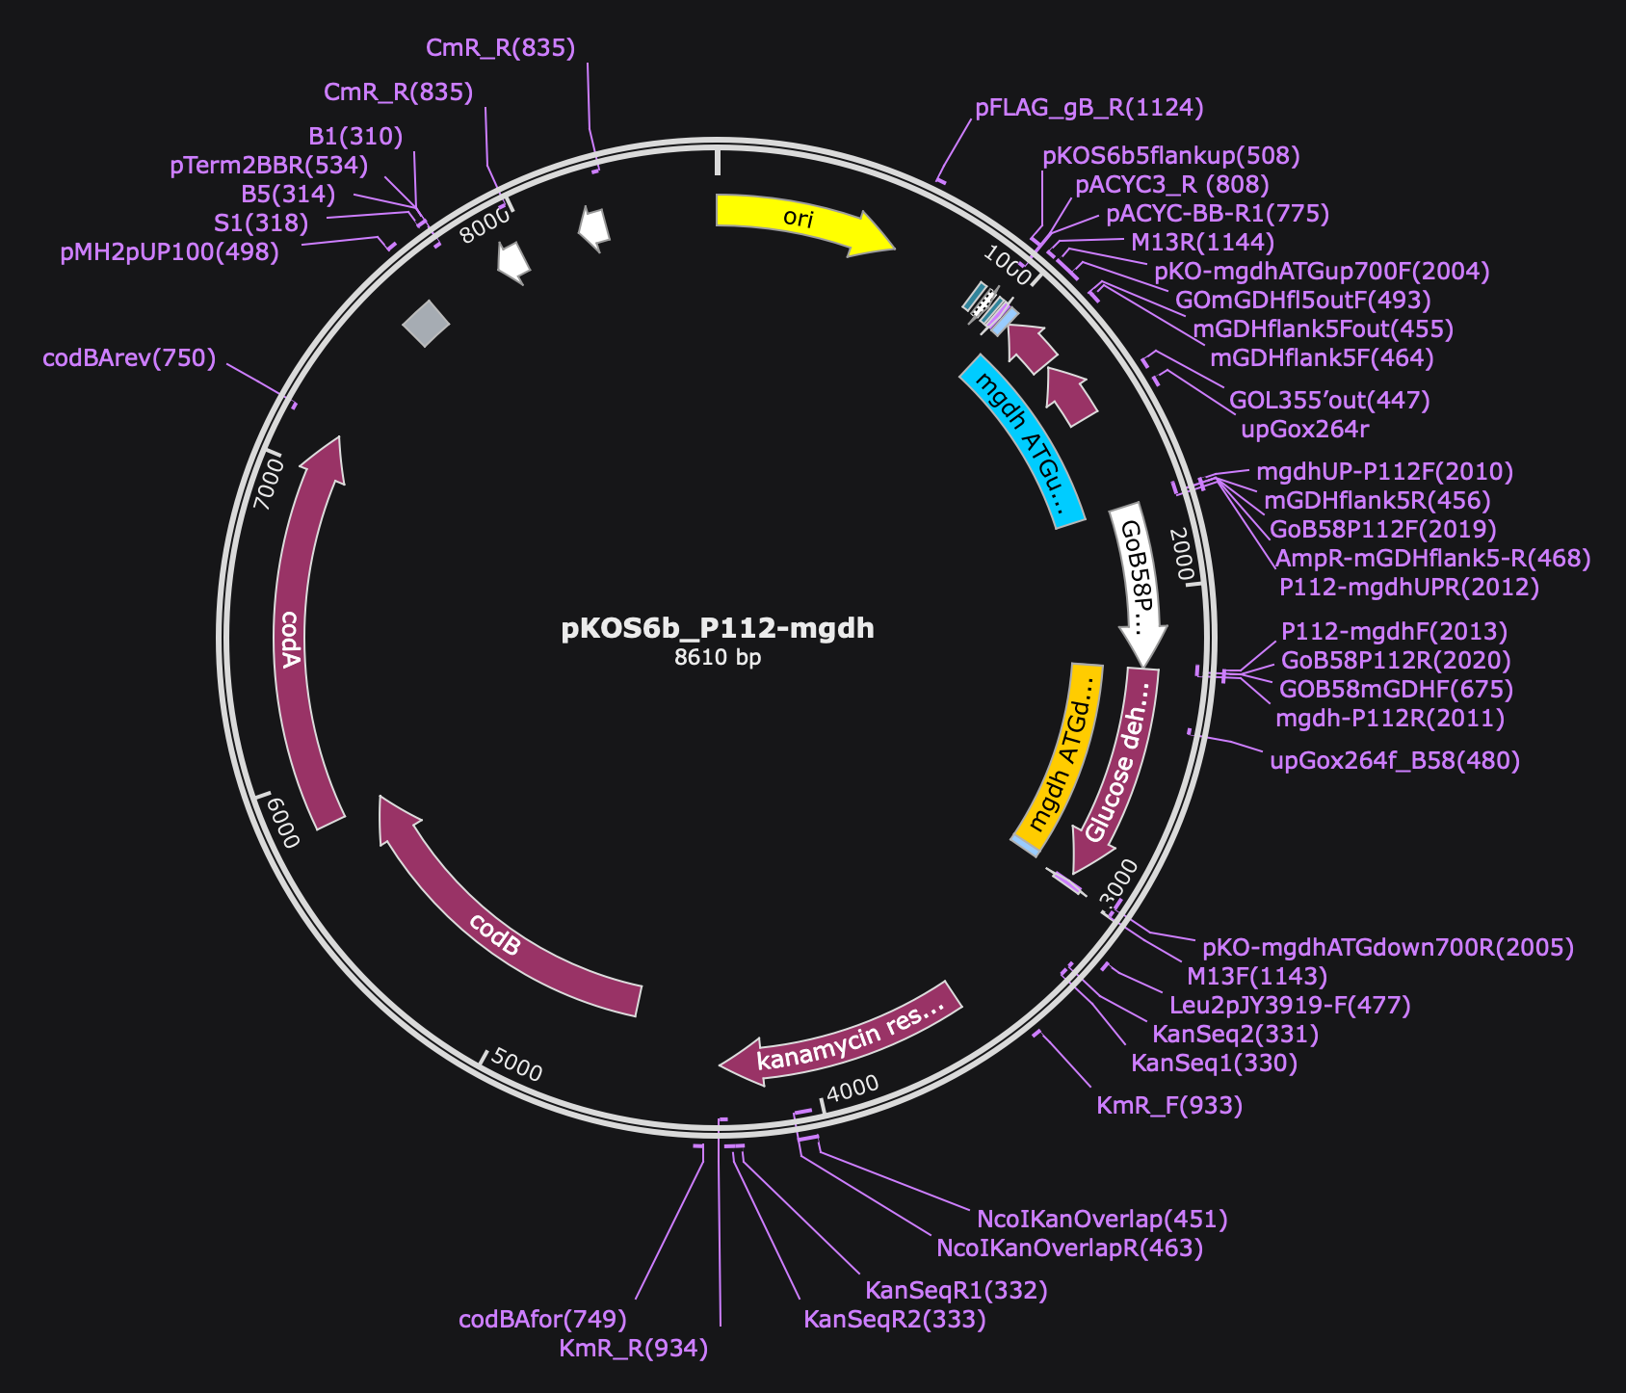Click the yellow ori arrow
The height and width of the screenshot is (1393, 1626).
click(x=800, y=221)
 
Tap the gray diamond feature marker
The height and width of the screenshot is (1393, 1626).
click(x=426, y=323)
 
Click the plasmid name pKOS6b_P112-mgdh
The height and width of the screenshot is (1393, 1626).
click(x=718, y=628)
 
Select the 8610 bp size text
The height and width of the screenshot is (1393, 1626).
click(x=718, y=658)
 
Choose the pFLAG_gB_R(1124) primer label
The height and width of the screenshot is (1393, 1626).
click(x=1089, y=107)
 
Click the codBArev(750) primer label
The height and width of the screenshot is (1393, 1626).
click(x=129, y=358)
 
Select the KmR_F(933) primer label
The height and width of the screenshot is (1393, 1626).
click(x=1169, y=1105)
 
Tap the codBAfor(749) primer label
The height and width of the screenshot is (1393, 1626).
click(x=543, y=1319)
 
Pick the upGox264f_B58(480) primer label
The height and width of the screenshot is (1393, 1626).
click(x=1395, y=761)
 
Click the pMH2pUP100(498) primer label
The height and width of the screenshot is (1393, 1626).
click(x=170, y=252)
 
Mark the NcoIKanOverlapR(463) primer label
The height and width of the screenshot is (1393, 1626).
click(x=1070, y=1248)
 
